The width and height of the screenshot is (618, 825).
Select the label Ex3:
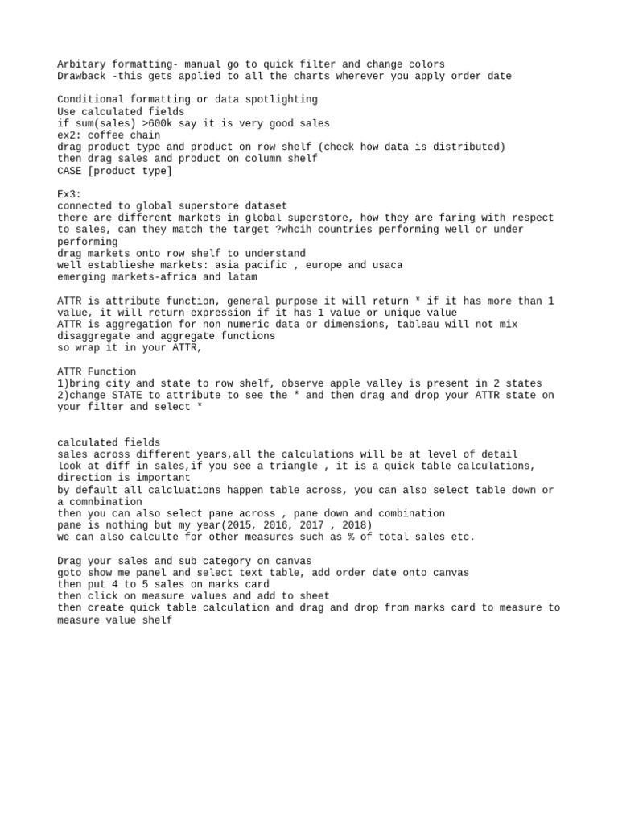pyautogui.click(x=71, y=194)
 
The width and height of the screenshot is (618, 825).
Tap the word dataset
pyautogui.click(x=265, y=206)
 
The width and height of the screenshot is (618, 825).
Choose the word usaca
pyautogui.click(x=387, y=265)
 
